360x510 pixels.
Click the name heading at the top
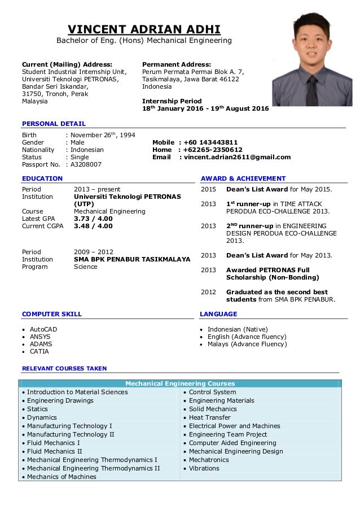point(144,29)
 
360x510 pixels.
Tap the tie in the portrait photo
point(310,85)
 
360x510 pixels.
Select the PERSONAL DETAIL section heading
point(54,124)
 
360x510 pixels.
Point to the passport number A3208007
point(85,164)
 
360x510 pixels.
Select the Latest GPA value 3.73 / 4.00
point(93,219)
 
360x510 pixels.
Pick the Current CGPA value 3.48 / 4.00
point(93,226)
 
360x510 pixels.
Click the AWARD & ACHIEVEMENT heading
point(243,178)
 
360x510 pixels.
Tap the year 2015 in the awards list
point(208,189)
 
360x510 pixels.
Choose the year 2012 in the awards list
point(208,292)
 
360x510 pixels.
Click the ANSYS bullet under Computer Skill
point(40,337)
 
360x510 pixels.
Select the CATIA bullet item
point(39,351)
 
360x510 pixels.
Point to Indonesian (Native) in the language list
point(237,329)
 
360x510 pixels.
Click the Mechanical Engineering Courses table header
point(180,383)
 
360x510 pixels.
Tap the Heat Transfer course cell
point(209,417)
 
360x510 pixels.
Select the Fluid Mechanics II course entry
point(54,451)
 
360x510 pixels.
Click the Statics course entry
point(37,409)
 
